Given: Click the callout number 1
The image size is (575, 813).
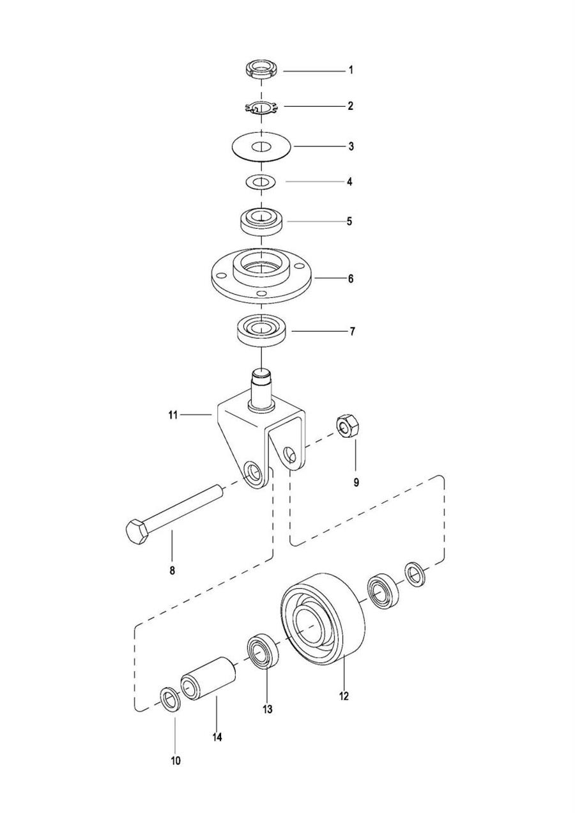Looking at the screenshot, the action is click(351, 70).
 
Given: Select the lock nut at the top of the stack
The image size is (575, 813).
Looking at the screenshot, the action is click(261, 68).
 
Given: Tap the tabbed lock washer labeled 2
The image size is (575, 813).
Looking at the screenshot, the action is click(261, 107).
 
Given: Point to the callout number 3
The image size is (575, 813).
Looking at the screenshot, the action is click(351, 146).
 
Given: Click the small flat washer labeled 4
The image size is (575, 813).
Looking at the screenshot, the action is click(261, 182).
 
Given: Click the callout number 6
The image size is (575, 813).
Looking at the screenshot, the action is click(351, 279).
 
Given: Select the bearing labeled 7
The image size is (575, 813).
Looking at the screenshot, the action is click(261, 329).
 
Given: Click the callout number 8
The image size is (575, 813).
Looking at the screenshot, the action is click(172, 581).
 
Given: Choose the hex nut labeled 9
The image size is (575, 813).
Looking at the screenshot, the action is click(348, 426).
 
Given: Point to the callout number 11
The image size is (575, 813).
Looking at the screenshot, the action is click(173, 415).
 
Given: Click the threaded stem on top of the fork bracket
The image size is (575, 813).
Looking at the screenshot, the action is click(261, 390).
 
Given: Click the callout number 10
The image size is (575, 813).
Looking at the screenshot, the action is click(176, 761).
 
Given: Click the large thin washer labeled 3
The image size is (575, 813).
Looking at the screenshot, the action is click(261, 146).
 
